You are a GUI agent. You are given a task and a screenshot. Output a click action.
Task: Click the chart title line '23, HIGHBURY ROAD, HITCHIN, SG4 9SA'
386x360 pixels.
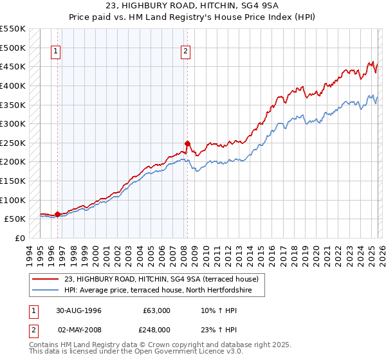192,6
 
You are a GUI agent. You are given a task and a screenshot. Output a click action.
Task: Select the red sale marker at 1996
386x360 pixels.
58,214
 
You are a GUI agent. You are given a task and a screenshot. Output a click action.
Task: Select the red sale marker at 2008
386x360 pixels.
187,143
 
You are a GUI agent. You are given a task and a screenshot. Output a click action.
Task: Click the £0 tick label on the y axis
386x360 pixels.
19,238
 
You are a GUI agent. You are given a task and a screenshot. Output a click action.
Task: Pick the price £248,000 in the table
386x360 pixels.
157,329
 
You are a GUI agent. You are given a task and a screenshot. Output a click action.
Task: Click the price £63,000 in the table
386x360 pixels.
157,310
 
